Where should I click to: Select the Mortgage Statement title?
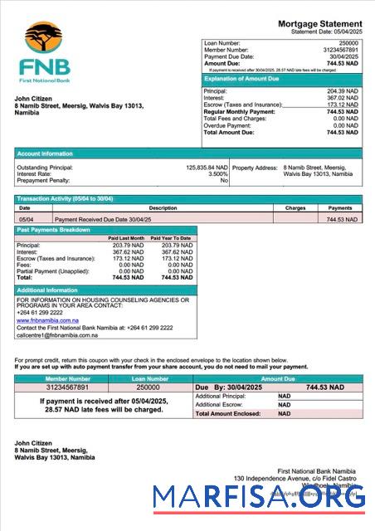[x=319, y=23]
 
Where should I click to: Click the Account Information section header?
[x=46, y=153]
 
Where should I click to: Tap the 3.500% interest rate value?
[x=218, y=173]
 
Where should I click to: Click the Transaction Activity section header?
[x=65, y=199]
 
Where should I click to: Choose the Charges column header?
[x=295, y=208]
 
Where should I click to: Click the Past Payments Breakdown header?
[x=54, y=230]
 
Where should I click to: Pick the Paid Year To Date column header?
[x=171, y=238]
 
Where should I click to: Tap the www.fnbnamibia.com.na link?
[x=47, y=319]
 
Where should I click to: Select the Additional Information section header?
[x=48, y=290]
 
